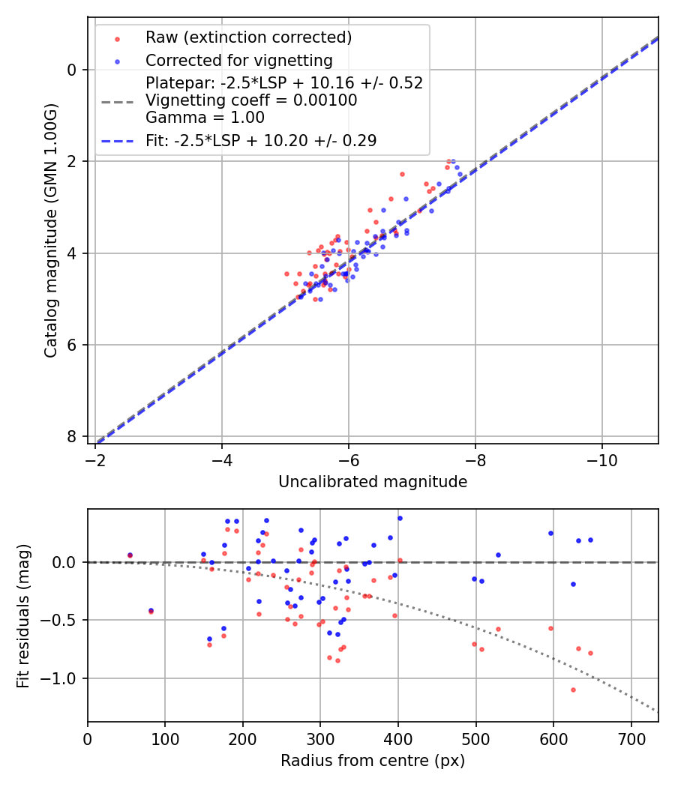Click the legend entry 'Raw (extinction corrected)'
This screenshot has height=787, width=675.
pyautogui.click(x=248, y=37)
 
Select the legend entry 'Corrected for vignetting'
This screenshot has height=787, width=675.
pyautogui.click(x=239, y=60)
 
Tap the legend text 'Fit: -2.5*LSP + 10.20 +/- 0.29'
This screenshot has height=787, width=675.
pyautogui.click(x=261, y=140)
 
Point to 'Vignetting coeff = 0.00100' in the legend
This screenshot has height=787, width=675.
pyautogui.click(x=251, y=100)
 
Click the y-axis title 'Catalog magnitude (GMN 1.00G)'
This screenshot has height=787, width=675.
pyautogui.click(x=50, y=231)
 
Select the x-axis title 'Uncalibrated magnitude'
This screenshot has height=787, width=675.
pyautogui.click(x=373, y=482)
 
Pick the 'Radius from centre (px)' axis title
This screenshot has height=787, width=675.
pyautogui.click(x=373, y=761)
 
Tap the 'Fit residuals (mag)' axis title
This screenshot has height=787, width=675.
pyautogui.click(x=23, y=615)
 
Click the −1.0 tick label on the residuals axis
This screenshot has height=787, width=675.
pyautogui.click(x=64, y=678)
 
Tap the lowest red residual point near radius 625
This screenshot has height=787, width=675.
pyautogui.click(x=573, y=690)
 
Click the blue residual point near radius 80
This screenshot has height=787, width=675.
pyautogui.click(x=151, y=610)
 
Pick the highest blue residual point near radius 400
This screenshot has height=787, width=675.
pyautogui.click(x=400, y=518)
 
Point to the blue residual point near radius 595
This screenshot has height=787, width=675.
pyautogui.click(x=550, y=533)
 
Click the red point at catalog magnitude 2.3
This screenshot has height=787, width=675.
pyautogui.click(x=402, y=174)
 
